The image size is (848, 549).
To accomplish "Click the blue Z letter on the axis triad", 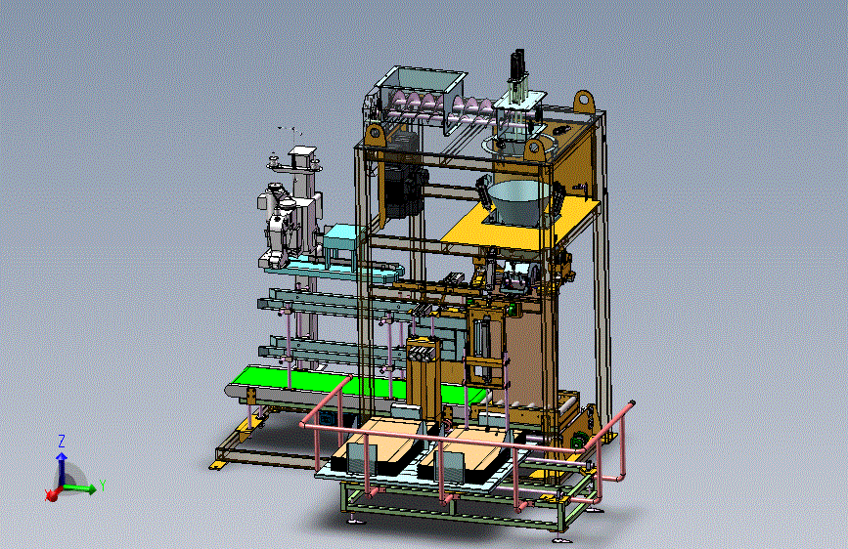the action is [x=62, y=441].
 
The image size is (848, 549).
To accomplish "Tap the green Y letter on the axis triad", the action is [x=102, y=486].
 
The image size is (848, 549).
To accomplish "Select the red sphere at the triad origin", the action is [x=52, y=494].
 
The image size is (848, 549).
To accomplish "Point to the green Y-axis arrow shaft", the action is [x=79, y=488].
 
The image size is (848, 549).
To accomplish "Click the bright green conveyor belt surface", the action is [x=346, y=384].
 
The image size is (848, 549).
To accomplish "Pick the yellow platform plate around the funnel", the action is [x=519, y=222].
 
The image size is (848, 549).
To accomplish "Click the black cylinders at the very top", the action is [x=517, y=64].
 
